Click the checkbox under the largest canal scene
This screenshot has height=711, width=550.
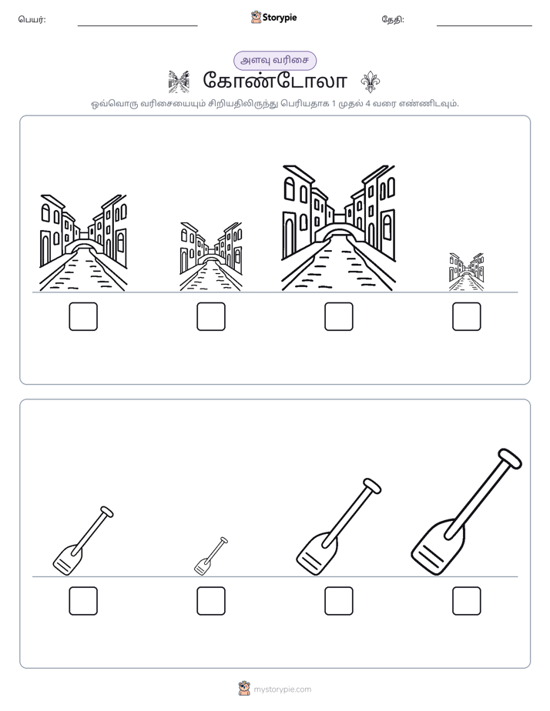click(x=338, y=316)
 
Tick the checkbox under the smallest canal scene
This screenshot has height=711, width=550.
click(x=467, y=316)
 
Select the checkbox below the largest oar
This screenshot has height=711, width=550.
click(x=467, y=601)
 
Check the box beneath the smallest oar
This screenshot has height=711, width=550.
click(x=211, y=601)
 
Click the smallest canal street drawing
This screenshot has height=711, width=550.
click(x=467, y=272)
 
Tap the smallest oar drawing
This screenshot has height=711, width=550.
click(x=211, y=556)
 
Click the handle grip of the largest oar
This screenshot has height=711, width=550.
click(x=510, y=458)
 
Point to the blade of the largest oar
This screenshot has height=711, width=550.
click(x=437, y=547)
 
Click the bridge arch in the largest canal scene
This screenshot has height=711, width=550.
click(x=338, y=232)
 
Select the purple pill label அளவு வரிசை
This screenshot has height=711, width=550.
click(x=275, y=61)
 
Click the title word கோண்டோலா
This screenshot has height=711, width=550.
click(x=275, y=81)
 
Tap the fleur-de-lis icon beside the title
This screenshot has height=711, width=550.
click(x=371, y=82)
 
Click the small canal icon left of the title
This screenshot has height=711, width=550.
click(x=179, y=82)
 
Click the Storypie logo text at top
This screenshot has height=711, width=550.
click(x=280, y=18)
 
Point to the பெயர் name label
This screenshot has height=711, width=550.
click(x=32, y=19)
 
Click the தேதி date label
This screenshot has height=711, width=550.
click(x=393, y=19)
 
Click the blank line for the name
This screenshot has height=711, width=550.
click(x=137, y=26)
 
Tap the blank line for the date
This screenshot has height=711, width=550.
click(x=485, y=26)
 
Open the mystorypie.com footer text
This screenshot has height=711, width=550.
click(x=282, y=689)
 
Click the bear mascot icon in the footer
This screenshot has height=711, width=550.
click(x=244, y=689)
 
